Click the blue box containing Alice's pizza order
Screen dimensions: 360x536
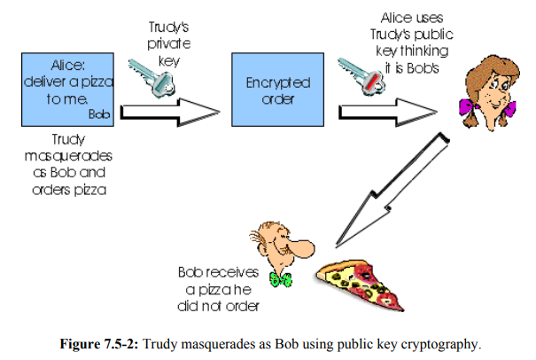66,88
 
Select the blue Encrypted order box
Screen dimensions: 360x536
276,88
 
